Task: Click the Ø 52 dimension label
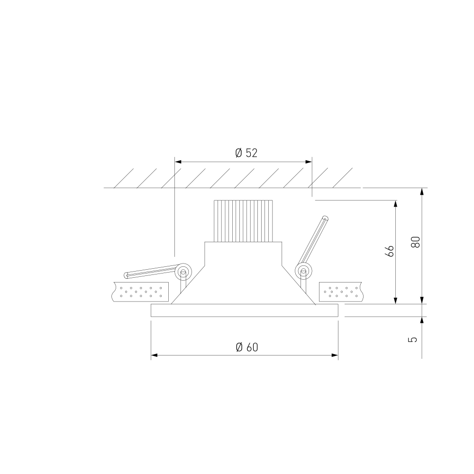pyautogui.click(x=246, y=153)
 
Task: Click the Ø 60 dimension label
pyautogui.click(x=247, y=347)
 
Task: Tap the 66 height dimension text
pyautogui.click(x=389, y=251)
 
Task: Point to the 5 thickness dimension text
pyautogui.click(x=413, y=339)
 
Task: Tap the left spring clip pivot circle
pyautogui.click(x=183, y=271)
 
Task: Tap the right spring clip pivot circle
pyautogui.click(x=303, y=270)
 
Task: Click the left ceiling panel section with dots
pyautogui.click(x=141, y=292)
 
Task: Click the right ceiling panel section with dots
pyautogui.click(x=340, y=292)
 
